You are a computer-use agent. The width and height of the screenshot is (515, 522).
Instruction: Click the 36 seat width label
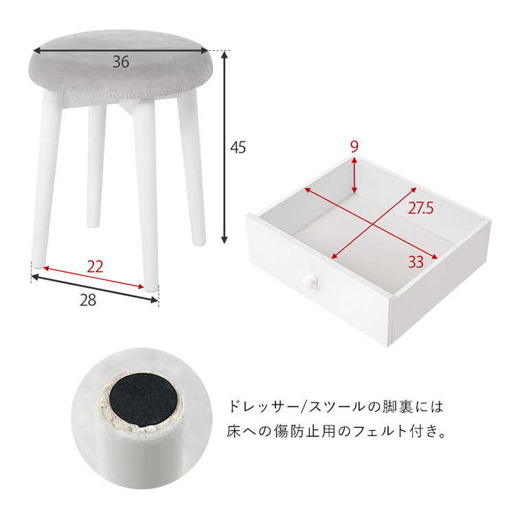(121, 62)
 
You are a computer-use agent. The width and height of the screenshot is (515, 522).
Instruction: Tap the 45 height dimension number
(238, 147)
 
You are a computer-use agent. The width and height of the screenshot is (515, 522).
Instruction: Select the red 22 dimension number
(95, 266)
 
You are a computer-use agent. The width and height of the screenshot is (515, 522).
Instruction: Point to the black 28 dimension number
(88, 300)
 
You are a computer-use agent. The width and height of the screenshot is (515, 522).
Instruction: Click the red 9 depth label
(354, 147)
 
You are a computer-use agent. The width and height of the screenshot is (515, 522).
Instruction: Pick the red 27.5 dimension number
(421, 208)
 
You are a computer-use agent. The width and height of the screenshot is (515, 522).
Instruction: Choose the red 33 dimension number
(416, 262)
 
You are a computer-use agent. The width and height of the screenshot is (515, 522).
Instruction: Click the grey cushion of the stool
(122, 65)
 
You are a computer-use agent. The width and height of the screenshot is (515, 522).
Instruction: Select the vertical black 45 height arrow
(225, 147)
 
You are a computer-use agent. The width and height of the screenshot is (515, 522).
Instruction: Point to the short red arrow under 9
(354, 174)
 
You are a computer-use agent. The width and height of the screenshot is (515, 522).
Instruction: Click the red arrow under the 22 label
(94, 277)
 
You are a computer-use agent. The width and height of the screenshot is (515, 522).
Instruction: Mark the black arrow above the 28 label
(94, 288)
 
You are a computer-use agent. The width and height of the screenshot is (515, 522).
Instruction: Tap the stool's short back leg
(96, 166)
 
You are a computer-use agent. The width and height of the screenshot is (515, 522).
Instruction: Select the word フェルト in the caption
(380, 432)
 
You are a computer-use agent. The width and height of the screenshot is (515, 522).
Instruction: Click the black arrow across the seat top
(120, 51)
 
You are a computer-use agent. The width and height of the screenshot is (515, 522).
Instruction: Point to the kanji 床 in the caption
(234, 432)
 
